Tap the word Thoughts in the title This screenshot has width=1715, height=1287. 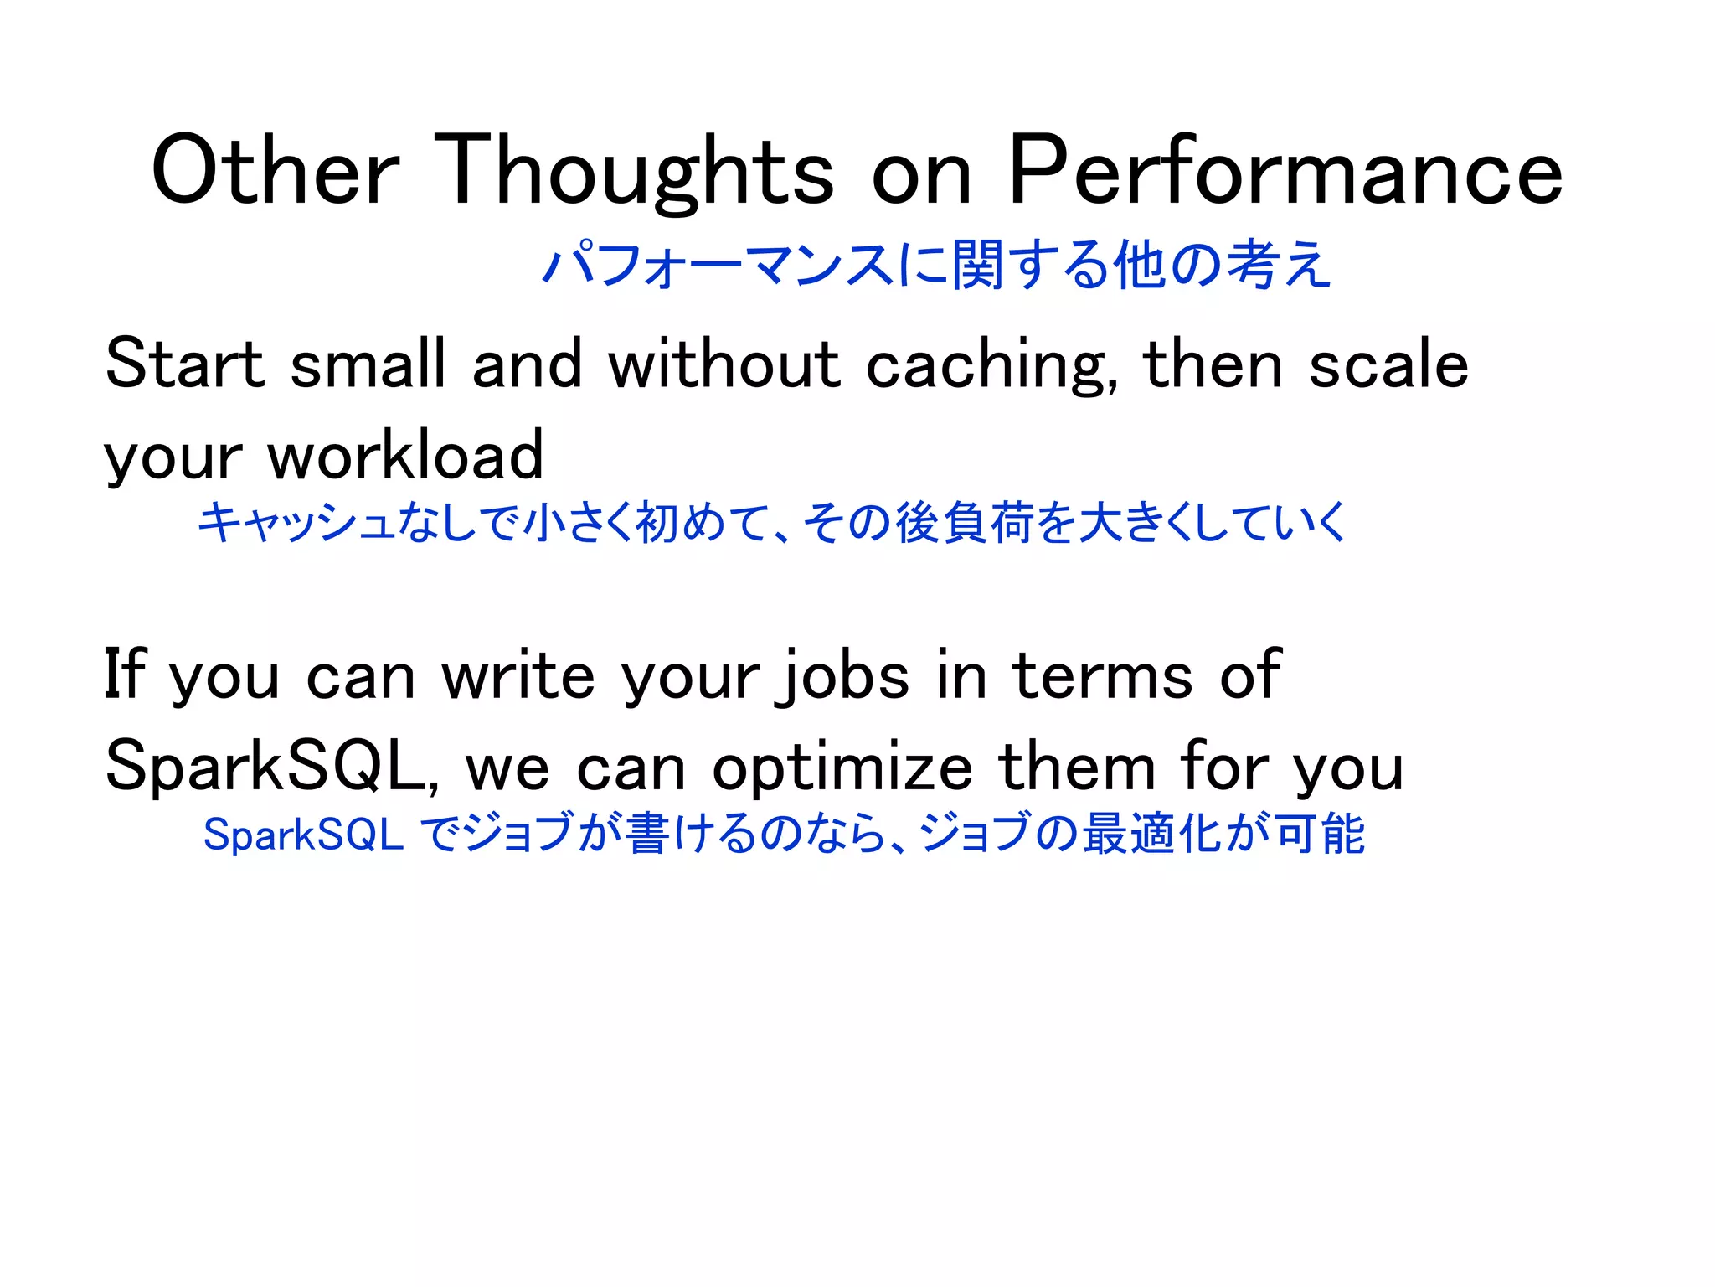(x=634, y=172)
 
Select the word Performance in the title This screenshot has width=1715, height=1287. (x=1285, y=172)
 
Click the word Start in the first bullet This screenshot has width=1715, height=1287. (x=184, y=364)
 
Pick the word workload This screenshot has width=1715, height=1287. (x=405, y=457)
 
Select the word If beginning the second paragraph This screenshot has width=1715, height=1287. (x=124, y=675)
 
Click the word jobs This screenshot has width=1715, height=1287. (x=842, y=677)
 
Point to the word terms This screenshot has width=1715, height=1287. (x=1102, y=675)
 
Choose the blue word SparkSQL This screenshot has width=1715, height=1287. (x=303, y=835)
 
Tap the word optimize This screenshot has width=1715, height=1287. (x=842, y=769)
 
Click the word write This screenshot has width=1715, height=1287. (x=518, y=675)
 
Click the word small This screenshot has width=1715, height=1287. (x=368, y=364)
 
